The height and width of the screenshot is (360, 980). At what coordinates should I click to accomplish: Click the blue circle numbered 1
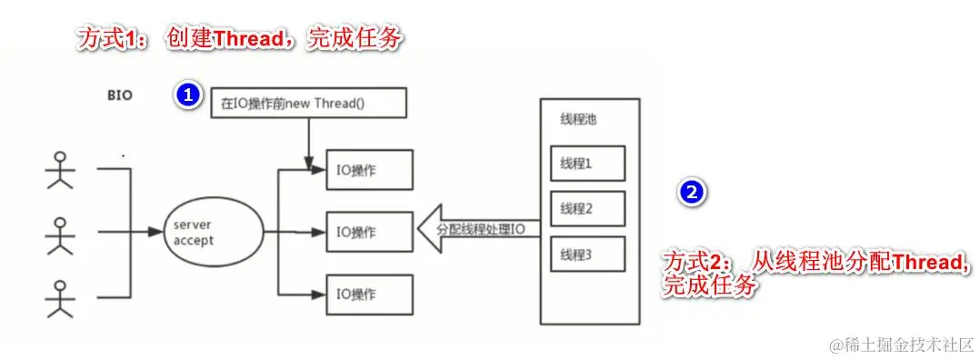pyautogui.click(x=186, y=95)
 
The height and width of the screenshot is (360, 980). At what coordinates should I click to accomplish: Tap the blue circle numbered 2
pyautogui.click(x=691, y=191)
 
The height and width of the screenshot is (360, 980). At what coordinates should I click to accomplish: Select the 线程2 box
pyautogui.click(x=587, y=209)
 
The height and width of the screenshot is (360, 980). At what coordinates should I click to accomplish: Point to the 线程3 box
pyautogui.click(x=587, y=255)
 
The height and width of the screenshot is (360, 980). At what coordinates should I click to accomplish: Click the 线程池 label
pyautogui.click(x=578, y=120)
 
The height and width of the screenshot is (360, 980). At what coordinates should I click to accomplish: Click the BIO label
pyautogui.click(x=118, y=95)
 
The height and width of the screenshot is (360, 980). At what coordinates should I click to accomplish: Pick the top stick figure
pyautogui.click(x=59, y=170)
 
